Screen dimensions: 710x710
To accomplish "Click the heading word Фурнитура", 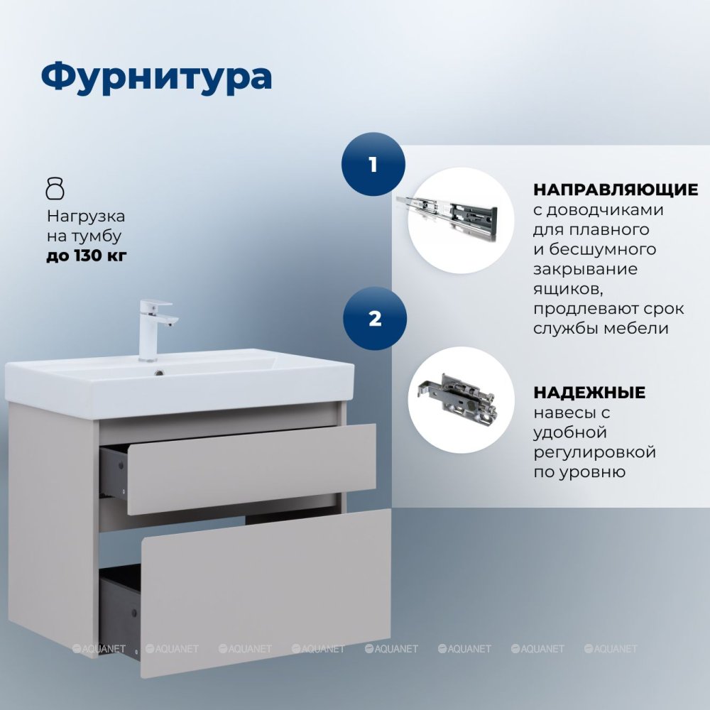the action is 157,76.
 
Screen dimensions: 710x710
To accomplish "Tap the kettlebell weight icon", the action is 55,188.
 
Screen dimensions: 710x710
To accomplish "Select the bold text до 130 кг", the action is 87,256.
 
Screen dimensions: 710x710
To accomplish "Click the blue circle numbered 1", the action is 373,164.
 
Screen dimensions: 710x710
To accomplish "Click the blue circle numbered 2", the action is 375,318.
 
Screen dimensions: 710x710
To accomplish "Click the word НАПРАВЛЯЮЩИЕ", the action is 616,190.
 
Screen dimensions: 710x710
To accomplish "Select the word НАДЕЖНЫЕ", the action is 589,393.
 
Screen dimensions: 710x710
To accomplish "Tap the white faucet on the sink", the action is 155,330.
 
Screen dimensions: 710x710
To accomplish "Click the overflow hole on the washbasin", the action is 159,373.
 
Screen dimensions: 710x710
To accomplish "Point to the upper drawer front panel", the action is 251,469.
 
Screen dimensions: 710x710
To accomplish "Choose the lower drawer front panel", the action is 266,592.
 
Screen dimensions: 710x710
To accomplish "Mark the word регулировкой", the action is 594,452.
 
